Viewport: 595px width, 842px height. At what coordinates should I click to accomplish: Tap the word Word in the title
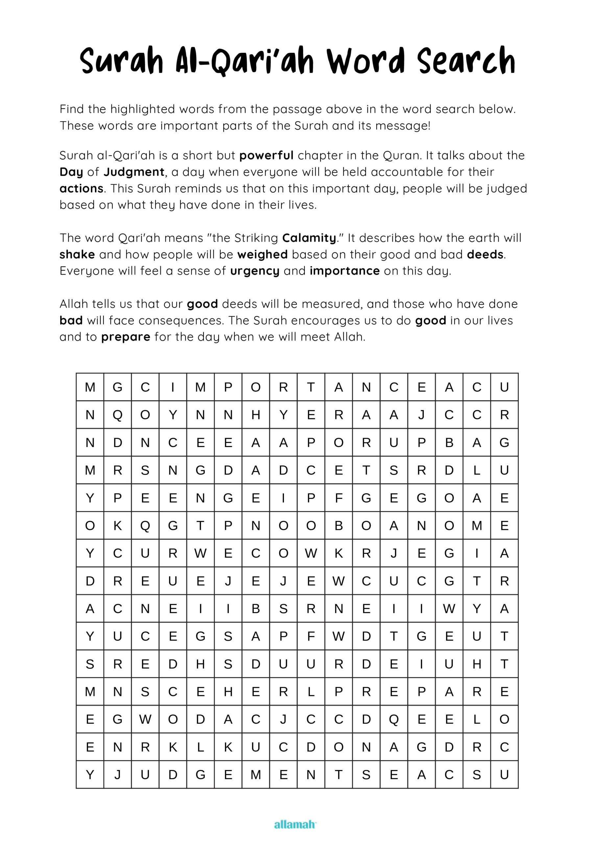[x=365, y=61]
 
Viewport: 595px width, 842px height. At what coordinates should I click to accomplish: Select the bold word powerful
[x=266, y=156]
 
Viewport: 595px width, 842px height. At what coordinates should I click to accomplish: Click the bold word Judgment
[x=134, y=172]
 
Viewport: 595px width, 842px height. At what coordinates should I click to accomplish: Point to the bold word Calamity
[x=309, y=238]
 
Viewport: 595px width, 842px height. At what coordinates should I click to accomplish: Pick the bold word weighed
[x=262, y=255]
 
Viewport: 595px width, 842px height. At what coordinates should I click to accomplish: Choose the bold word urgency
[x=255, y=271]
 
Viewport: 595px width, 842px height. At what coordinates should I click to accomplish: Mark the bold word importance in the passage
[x=345, y=271]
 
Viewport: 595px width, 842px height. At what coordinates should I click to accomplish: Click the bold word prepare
[x=126, y=337]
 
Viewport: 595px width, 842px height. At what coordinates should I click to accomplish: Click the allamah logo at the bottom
[x=295, y=825]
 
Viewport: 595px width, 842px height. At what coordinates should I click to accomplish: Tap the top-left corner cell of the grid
[x=90, y=387]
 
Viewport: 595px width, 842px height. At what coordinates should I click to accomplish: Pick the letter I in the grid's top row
[x=173, y=387]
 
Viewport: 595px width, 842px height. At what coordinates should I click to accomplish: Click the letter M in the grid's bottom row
[x=255, y=775]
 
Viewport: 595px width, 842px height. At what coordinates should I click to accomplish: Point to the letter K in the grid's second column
[x=117, y=526]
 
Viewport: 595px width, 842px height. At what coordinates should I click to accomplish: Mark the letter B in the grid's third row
[x=449, y=443]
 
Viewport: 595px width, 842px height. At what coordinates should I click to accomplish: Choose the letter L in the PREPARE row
[x=311, y=692]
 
